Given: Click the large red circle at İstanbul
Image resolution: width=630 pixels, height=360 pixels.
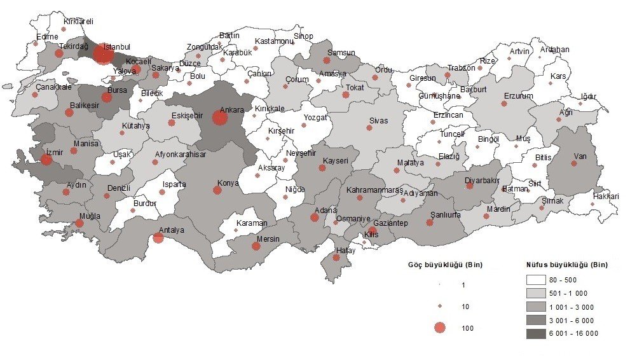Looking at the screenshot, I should click(x=103, y=54).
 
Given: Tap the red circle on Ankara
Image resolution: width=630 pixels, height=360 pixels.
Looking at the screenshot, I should click(x=219, y=118).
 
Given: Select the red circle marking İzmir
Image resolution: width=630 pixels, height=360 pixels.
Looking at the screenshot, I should click(x=46, y=160).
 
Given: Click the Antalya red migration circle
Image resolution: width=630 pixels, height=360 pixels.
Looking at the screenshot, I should click(x=158, y=238).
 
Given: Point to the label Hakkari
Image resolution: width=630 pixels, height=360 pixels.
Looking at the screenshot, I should click(x=605, y=197).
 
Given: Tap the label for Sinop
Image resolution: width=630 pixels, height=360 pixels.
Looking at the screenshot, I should click(x=303, y=36).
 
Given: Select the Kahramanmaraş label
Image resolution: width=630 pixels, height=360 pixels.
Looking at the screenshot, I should click(x=375, y=190).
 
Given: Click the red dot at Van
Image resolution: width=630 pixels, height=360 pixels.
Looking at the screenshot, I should click(x=574, y=163).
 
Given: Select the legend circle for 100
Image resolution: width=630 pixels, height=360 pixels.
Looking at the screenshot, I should click(x=439, y=328).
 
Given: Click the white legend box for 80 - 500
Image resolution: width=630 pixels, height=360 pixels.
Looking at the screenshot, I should click(x=537, y=280).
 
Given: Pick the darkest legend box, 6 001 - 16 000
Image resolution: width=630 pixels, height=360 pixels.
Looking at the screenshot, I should click(x=537, y=333).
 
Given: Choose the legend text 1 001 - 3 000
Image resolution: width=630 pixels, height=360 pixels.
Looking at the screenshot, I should click(x=573, y=307).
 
